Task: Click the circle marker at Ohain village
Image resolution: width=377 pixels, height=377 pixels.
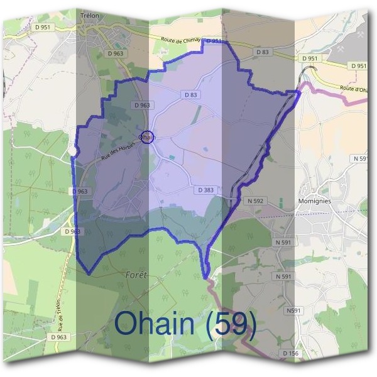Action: pyautogui.click(x=146, y=136)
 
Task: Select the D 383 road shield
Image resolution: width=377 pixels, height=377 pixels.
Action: pyautogui.click(x=205, y=189)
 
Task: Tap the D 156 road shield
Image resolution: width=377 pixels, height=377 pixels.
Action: pyautogui.click(x=290, y=354)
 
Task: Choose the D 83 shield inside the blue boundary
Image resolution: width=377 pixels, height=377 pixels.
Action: pyautogui.click(x=191, y=94)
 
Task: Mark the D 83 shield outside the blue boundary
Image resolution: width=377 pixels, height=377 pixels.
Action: pyautogui.click(x=262, y=52)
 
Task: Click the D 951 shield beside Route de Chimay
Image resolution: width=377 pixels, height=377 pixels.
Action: pyautogui.click(x=213, y=41)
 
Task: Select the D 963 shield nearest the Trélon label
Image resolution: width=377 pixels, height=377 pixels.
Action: pyautogui.click(x=115, y=54)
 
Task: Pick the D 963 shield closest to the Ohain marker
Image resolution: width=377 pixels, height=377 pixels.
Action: pyautogui.click(x=141, y=105)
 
